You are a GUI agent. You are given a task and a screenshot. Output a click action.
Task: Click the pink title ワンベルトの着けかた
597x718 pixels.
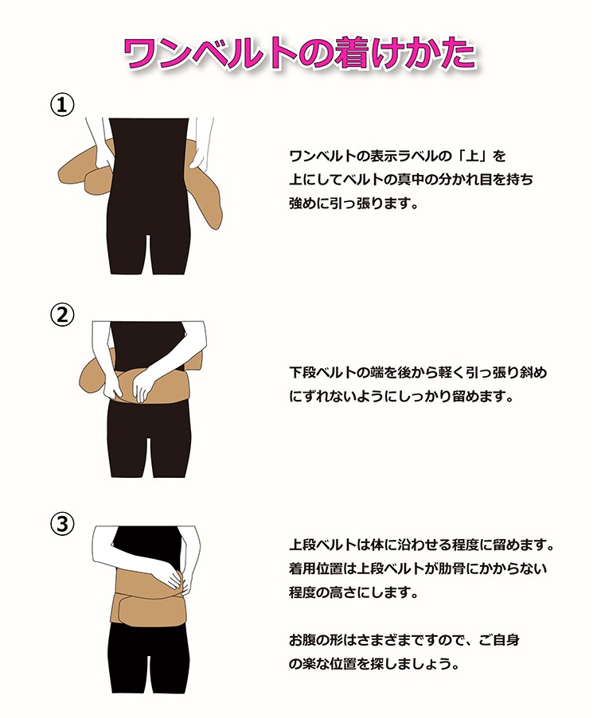coord(300,54)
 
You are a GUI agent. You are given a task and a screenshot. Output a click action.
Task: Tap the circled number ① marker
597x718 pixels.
coord(62,105)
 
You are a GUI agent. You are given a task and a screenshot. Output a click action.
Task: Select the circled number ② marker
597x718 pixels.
coord(62,315)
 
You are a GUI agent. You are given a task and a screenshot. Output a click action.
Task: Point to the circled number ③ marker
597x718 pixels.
coord(62,523)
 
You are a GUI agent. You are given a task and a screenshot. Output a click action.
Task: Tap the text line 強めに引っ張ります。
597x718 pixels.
coord(353,203)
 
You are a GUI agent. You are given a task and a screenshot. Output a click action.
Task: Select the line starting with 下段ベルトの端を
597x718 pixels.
coord(418,372)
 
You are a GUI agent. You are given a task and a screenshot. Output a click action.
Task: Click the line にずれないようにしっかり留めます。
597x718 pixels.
coord(400,396)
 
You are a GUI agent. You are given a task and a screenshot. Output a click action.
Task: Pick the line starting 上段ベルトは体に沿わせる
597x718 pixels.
coord(421,545)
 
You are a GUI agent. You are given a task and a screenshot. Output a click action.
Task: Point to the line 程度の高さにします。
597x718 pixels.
coord(353,592)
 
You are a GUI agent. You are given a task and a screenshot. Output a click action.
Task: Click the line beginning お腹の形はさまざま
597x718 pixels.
coord(404,639)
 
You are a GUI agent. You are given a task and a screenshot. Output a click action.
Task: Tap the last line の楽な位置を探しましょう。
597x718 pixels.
coord(373,663)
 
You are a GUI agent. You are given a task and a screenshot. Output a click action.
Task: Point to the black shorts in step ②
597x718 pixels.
coord(149,439)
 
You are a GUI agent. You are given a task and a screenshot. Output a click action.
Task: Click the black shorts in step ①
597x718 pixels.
coord(149,197)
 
